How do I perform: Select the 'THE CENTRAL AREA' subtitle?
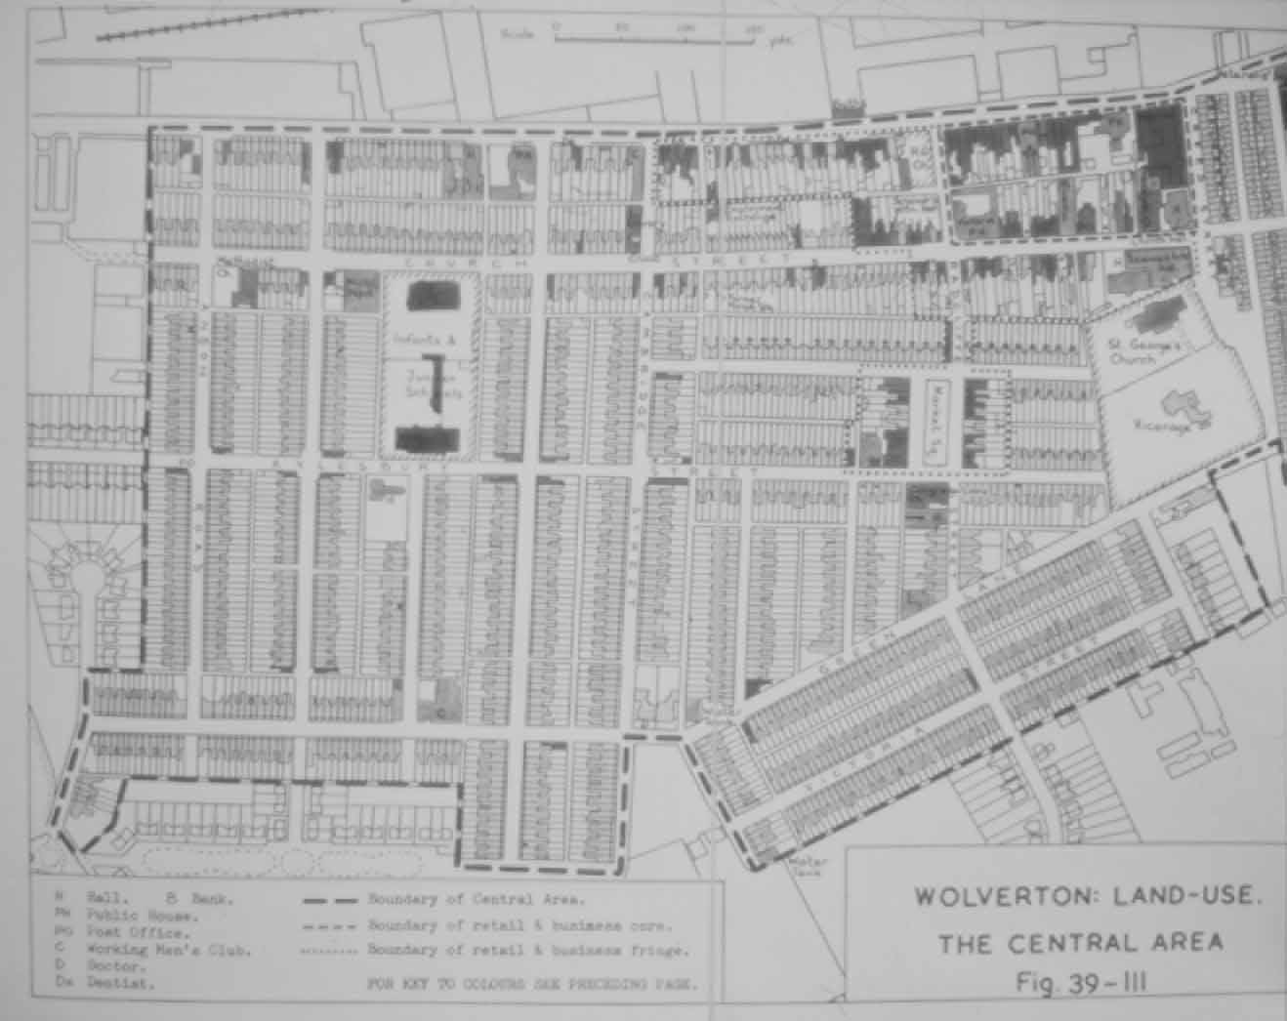1080,942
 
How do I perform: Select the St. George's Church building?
1154,320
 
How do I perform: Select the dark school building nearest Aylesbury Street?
428,438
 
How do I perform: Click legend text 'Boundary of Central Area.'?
476,900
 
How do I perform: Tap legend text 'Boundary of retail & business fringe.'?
527,950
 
